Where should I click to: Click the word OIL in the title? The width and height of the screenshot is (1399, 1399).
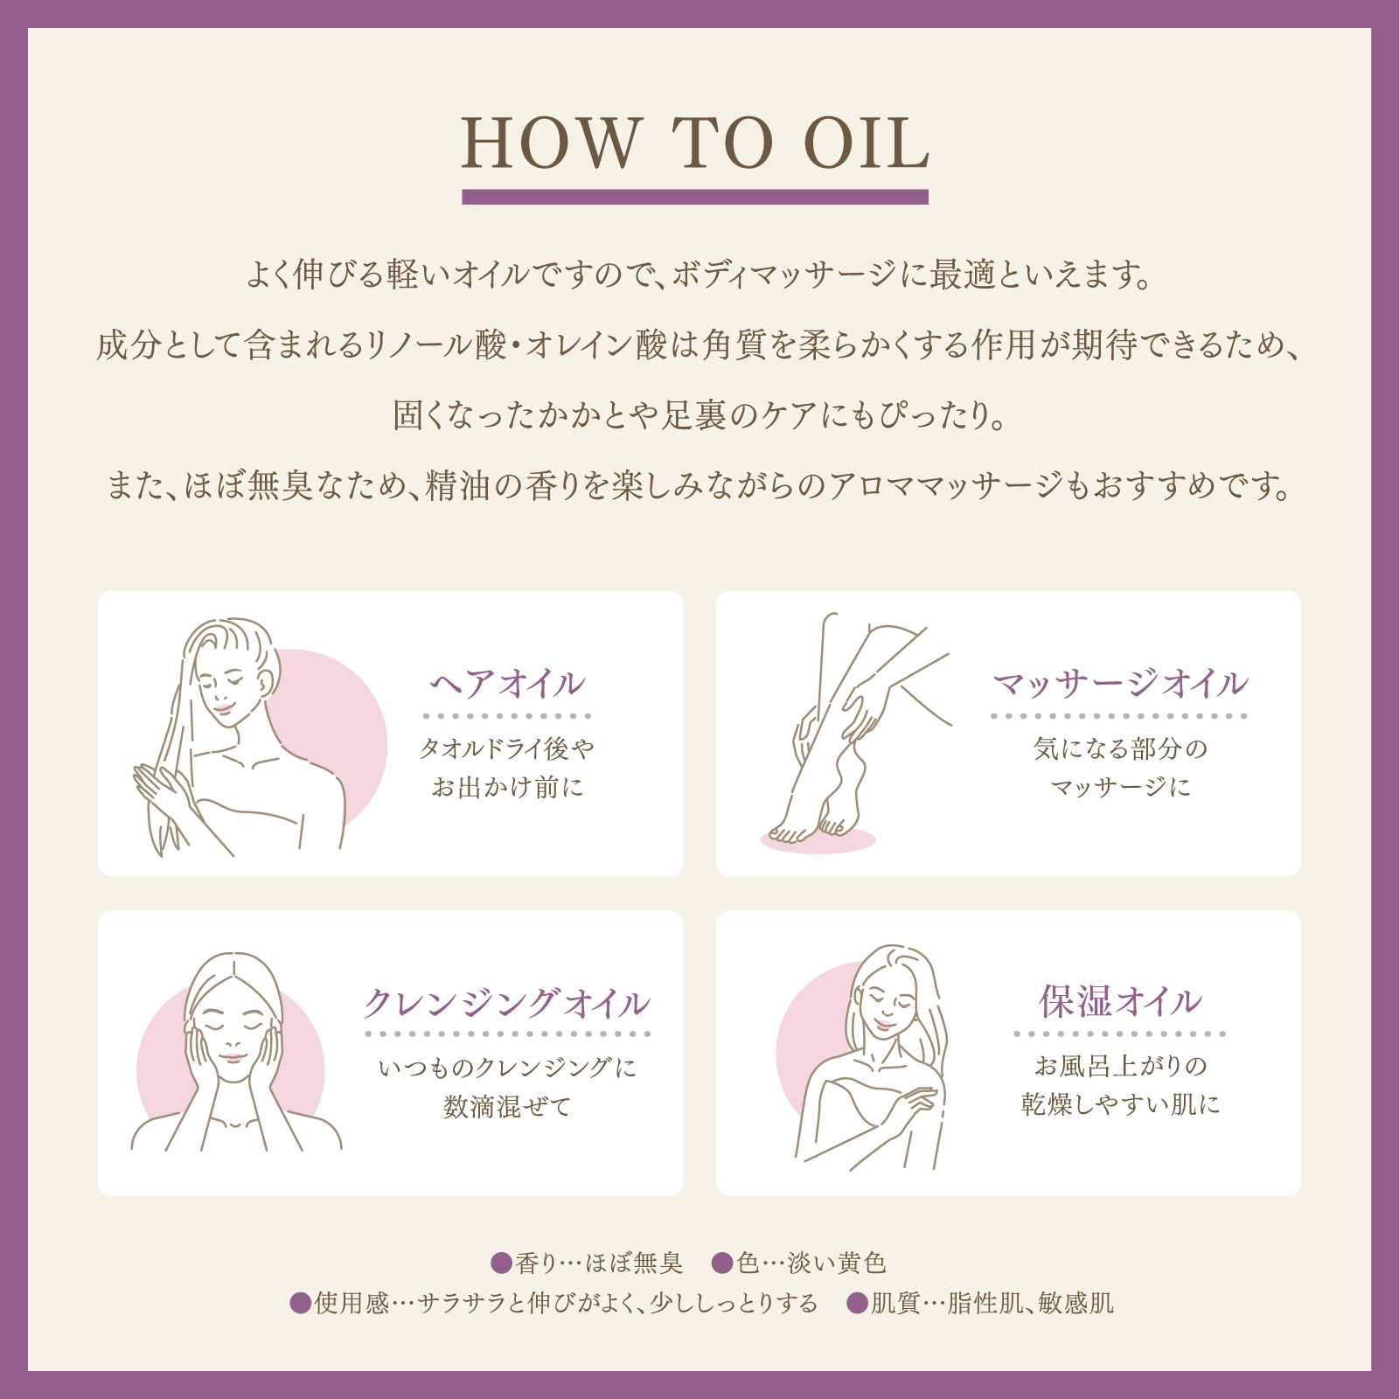866,144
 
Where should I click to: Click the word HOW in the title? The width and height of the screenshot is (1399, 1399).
551,144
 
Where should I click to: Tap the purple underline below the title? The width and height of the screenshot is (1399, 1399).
694,197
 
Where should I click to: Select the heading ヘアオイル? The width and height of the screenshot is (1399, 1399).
507,684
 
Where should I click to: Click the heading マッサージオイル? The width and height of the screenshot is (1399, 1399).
1120,684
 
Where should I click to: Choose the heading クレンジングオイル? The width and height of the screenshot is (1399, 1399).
507,1003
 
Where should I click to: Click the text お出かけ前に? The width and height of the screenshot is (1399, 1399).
507,787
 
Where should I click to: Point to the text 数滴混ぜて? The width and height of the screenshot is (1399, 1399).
507,1106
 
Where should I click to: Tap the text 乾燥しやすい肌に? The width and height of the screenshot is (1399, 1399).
1120,1104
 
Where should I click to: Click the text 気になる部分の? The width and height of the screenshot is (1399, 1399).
1120,748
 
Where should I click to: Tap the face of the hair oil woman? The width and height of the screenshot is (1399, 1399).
223,691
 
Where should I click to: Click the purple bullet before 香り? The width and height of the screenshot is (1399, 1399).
501,1263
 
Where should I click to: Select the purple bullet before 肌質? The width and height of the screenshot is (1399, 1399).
858,1304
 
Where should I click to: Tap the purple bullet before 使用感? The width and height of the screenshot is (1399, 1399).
300,1304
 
